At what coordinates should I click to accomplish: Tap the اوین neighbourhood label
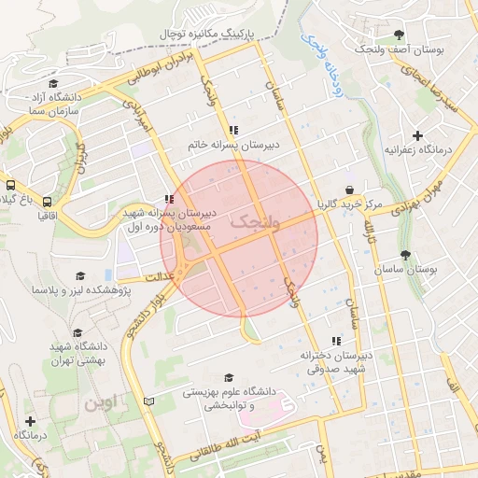[104, 404]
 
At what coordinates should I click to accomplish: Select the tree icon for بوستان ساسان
[404, 255]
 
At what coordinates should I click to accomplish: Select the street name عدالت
[160, 277]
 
